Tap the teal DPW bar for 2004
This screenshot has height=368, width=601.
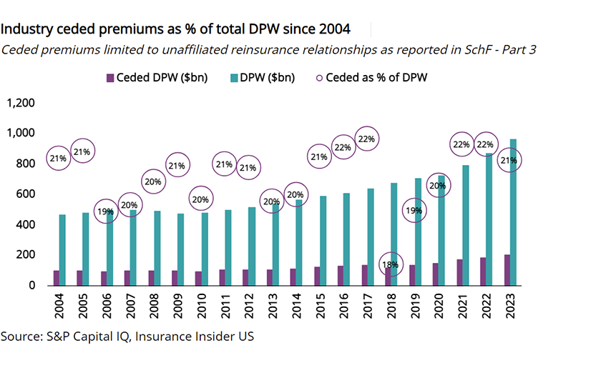[63, 250]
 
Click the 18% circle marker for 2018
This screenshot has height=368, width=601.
[390, 266]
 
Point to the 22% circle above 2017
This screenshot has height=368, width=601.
[367, 139]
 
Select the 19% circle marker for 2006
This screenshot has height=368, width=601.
[106, 212]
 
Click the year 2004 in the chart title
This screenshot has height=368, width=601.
[334, 29]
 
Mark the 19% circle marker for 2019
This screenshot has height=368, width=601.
[414, 211]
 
